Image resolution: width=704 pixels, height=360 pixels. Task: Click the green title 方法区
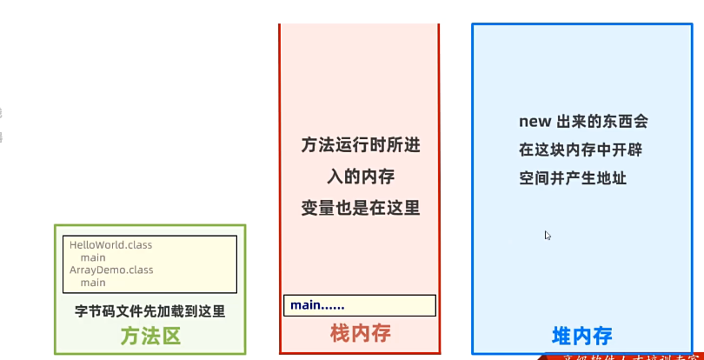[150, 336]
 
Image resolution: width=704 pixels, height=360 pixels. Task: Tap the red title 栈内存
[360, 332]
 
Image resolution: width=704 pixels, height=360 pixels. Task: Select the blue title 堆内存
[581, 336]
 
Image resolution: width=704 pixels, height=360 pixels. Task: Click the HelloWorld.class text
[110, 245]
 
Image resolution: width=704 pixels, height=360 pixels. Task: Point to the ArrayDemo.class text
[111, 270]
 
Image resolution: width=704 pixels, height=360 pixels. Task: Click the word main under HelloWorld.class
[93, 257]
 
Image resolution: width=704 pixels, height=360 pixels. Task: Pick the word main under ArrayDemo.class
[93, 282]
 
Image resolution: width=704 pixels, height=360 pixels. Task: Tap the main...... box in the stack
[359, 305]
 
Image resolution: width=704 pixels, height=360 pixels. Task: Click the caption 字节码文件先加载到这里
[150, 310]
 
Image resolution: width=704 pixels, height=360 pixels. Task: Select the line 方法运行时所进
[360, 145]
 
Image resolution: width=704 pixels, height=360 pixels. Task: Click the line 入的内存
[360, 177]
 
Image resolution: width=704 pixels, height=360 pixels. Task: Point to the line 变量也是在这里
[360, 208]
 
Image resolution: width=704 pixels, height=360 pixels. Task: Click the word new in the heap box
[535, 122]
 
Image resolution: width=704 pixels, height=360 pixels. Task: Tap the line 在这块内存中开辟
[581, 150]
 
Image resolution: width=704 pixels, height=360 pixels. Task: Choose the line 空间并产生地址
[573, 178]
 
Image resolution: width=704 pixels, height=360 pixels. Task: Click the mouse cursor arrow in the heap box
[548, 235]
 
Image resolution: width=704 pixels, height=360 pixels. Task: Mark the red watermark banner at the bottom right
[621, 356]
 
